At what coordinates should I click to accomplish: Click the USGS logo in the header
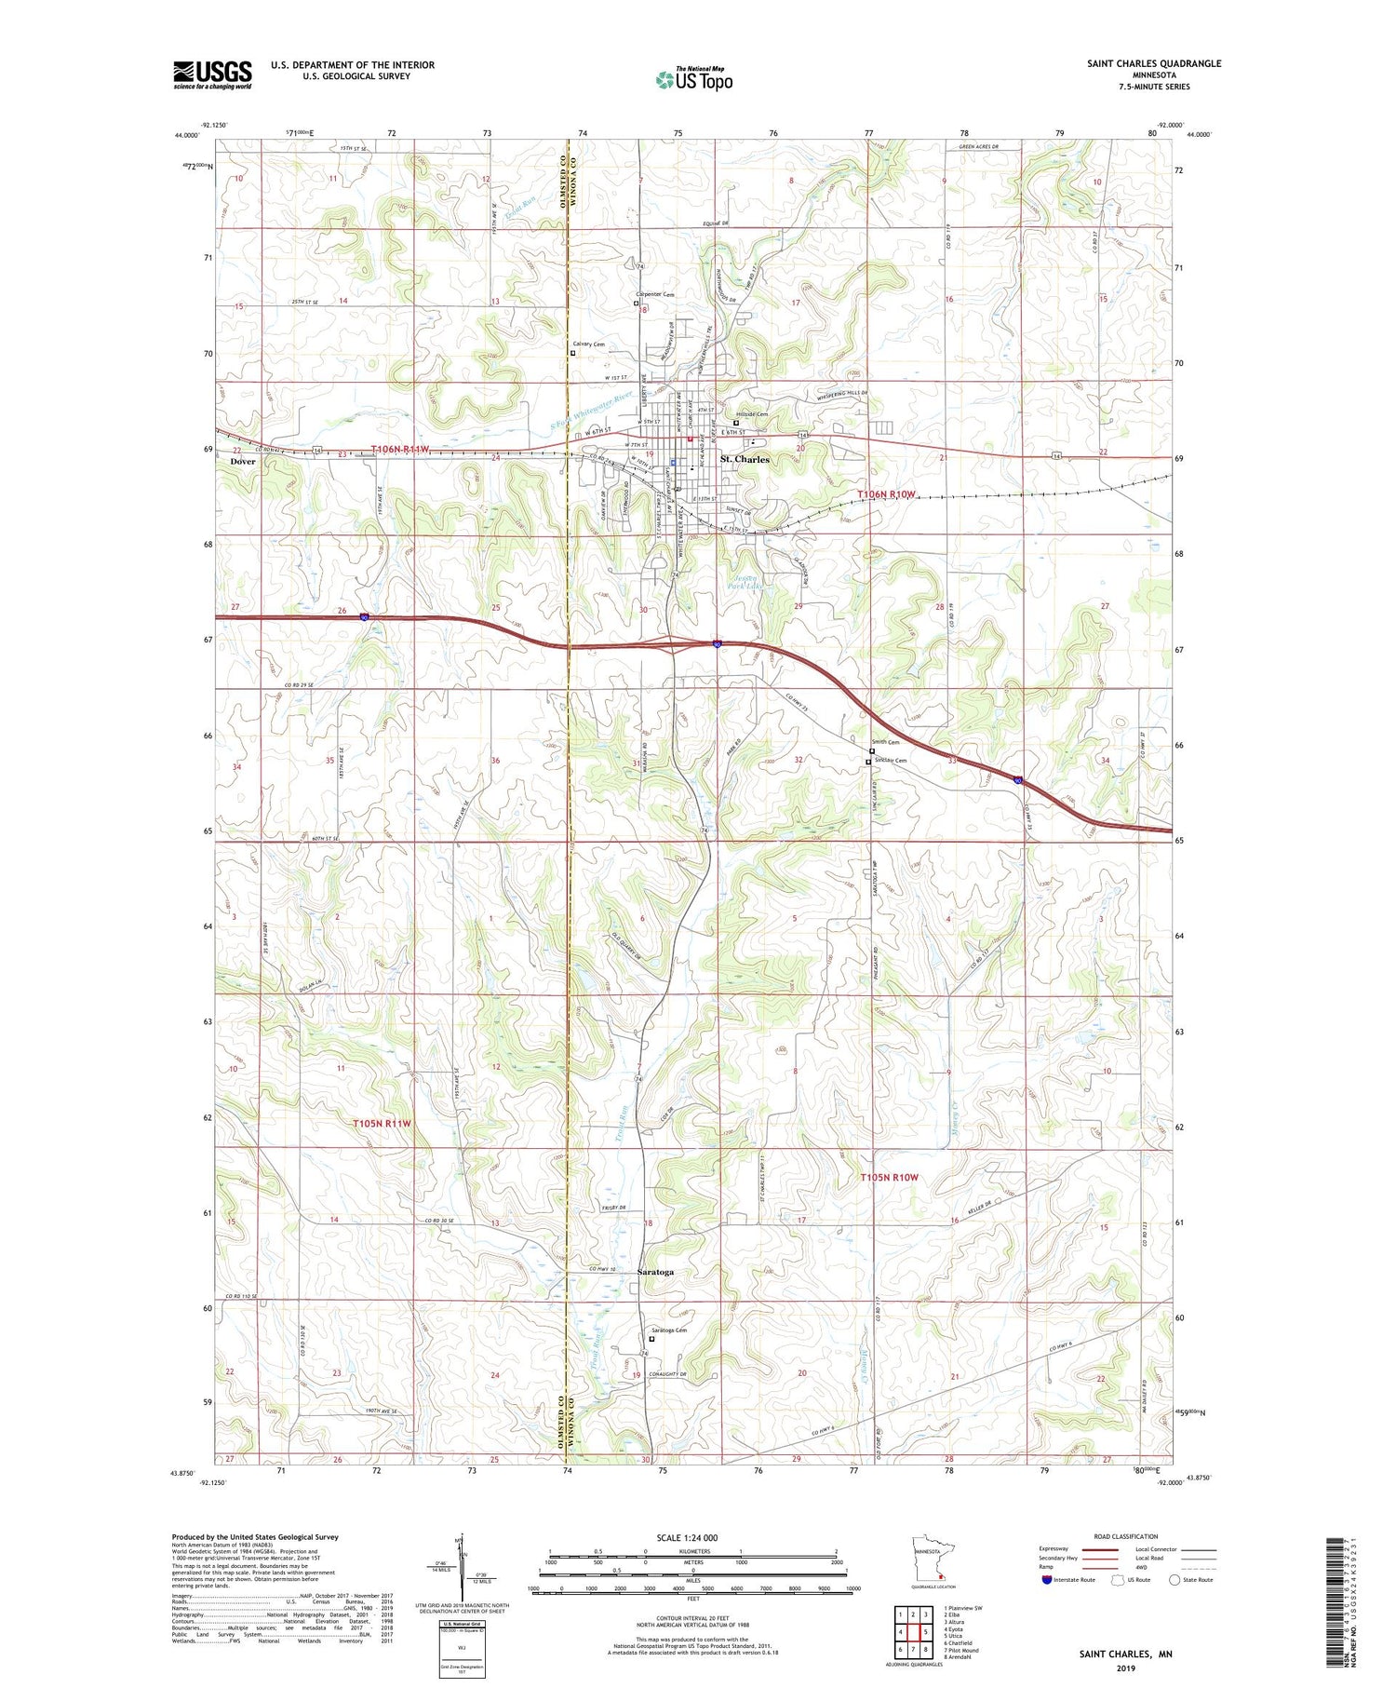[x=212, y=74]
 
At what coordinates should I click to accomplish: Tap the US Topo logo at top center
[x=694, y=79]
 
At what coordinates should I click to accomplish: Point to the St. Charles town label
[x=745, y=460]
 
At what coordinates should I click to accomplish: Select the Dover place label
[x=243, y=462]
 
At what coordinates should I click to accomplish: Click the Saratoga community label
[x=655, y=1272]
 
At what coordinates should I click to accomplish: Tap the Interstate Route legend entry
[x=1080, y=1579]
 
